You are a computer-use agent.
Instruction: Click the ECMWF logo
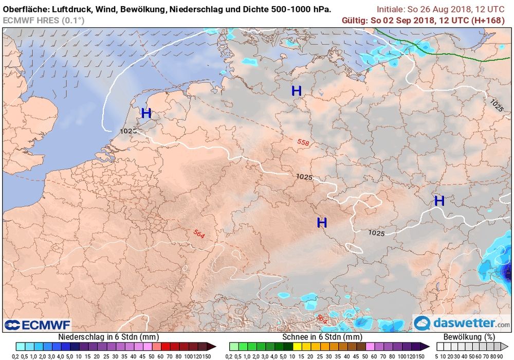tap(38, 325)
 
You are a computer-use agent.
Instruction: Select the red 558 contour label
tap(303, 142)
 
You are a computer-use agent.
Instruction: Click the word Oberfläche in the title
tap(25, 9)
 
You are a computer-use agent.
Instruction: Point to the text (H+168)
tap(489, 20)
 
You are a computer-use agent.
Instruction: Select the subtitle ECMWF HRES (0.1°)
tap(43, 20)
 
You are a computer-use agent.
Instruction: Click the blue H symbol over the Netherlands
tap(146, 114)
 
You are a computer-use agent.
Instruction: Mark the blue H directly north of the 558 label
tap(296, 91)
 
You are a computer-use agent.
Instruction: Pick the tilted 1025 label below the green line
tap(497, 105)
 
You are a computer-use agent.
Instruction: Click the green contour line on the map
tap(452, 53)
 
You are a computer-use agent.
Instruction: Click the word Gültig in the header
tap(355, 20)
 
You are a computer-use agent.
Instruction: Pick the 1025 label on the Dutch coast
tap(128, 131)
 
